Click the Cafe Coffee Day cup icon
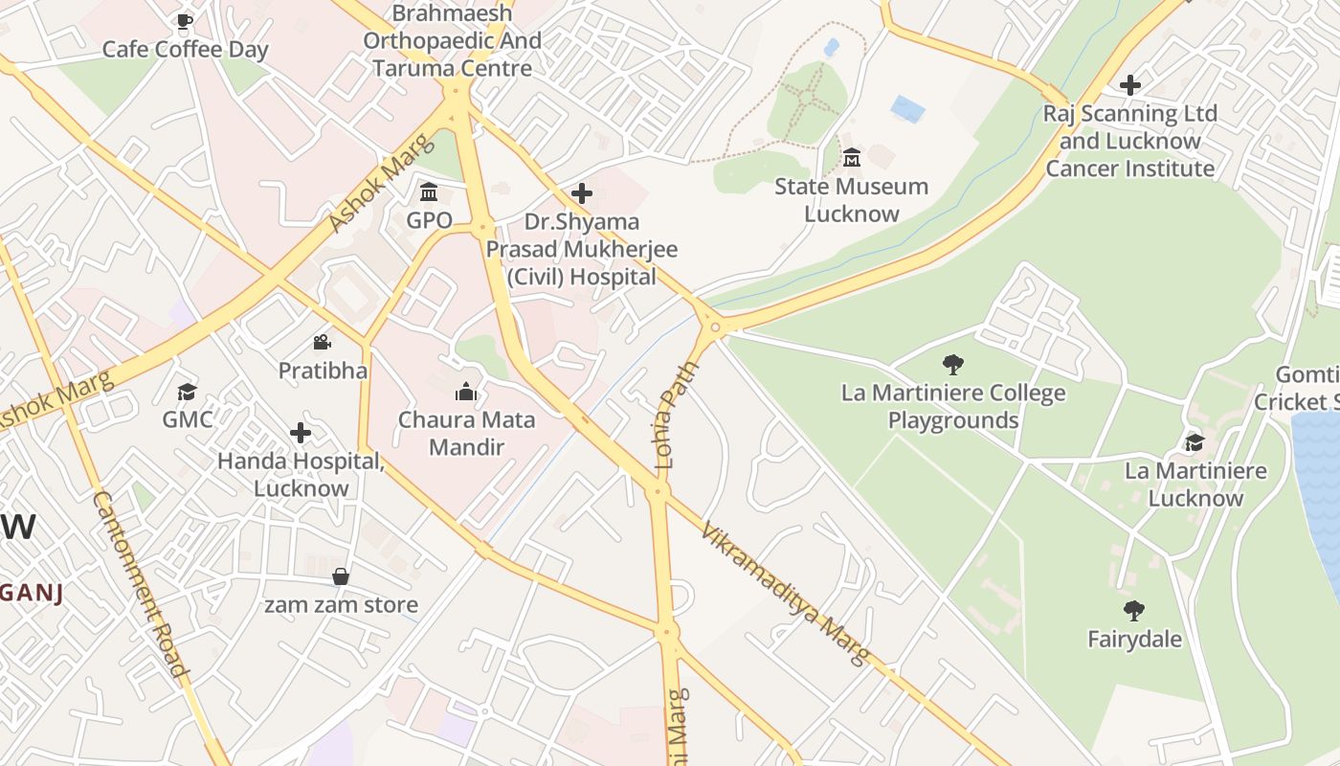pos(185,21)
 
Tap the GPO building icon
pos(429,192)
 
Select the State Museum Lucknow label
pos(851,199)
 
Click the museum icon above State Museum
pos(851,157)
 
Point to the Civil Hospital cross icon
pos(581,194)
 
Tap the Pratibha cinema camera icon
pos(323,342)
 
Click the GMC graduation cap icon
pos(187,392)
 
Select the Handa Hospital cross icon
pos(301,433)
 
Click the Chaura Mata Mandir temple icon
pos(466,391)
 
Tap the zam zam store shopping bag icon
pos(340,576)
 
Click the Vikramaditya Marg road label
pos(784,594)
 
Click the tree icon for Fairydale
pos(1134,610)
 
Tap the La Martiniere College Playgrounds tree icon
pos(952,364)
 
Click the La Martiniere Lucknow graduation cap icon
pos(1195,441)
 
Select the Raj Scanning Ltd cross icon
pos(1130,85)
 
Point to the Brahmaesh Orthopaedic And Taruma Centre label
pos(452,40)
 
